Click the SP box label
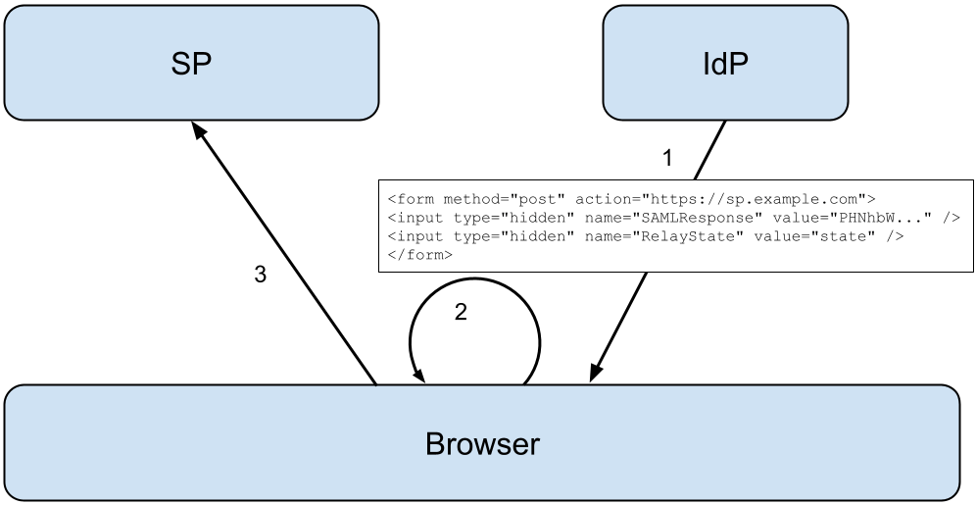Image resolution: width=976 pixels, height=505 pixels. tap(190, 64)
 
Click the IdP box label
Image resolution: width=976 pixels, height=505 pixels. tap(725, 64)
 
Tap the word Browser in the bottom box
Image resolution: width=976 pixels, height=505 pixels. tap(482, 444)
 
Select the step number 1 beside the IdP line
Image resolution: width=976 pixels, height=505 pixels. tap(667, 157)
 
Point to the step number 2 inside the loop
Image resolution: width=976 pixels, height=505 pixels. tap(462, 312)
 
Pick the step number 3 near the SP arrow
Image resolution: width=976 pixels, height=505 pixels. tap(260, 276)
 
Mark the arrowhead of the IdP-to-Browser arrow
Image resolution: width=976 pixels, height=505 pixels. tap(595, 373)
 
